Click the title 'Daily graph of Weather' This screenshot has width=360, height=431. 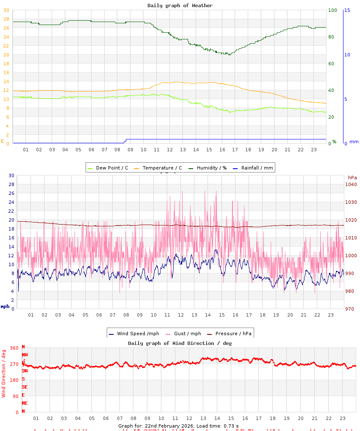click(x=180, y=6)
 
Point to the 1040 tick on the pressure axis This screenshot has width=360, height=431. click(x=351, y=184)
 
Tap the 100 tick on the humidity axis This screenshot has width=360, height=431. click(x=332, y=10)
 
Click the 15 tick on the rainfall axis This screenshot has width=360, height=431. click(x=347, y=10)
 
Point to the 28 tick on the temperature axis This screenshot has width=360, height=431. click(x=6, y=19)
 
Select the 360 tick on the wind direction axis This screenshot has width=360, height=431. click(x=14, y=348)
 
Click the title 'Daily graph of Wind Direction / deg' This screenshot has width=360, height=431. click(x=180, y=343)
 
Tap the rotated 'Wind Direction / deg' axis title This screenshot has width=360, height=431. click(x=4, y=373)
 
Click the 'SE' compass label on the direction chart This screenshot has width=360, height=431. click(x=25, y=387)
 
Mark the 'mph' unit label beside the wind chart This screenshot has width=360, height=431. click(x=5, y=306)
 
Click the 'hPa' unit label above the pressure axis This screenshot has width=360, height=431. click(x=352, y=177)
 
